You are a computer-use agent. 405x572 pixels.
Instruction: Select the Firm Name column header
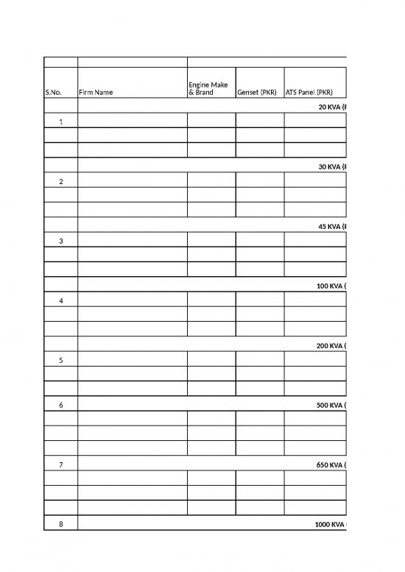coord(96,93)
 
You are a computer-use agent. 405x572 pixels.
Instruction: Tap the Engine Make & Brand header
coord(208,89)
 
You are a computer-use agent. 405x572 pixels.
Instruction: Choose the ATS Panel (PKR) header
coord(309,93)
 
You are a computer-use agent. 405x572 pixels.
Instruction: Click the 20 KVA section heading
coord(331,107)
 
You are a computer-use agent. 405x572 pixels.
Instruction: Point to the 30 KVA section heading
coord(331,166)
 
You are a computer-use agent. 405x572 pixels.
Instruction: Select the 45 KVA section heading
coord(331,226)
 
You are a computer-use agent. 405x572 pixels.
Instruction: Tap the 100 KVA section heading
coord(331,286)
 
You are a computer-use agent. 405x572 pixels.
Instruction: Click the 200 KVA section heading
coord(331,345)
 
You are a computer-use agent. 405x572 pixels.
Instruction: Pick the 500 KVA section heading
coord(331,405)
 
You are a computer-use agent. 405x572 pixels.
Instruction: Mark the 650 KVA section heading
coord(331,465)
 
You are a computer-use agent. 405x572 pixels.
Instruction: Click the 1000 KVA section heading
coord(329,524)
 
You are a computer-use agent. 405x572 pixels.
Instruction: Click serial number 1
coord(61,121)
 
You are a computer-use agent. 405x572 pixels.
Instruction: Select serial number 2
coord(61,181)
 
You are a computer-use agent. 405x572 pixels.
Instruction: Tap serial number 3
coord(61,241)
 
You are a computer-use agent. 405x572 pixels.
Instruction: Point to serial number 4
coord(61,300)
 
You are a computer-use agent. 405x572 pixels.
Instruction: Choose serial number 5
coord(61,360)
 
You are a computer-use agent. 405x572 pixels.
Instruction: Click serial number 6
coord(61,405)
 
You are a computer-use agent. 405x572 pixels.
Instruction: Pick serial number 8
coord(61,524)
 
